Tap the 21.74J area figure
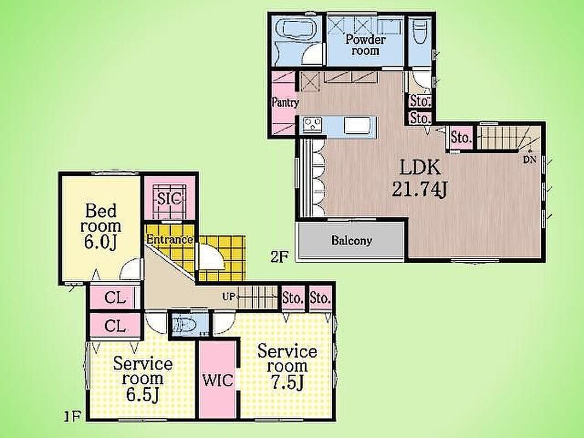(x=419, y=189)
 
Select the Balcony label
(x=351, y=240)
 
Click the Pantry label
(x=285, y=102)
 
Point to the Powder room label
(x=366, y=45)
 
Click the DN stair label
(x=529, y=160)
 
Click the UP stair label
(x=228, y=296)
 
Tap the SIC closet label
(x=169, y=198)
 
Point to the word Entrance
(x=170, y=239)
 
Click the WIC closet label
(x=218, y=381)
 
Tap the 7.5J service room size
(x=287, y=383)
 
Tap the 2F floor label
(x=279, y=257)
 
